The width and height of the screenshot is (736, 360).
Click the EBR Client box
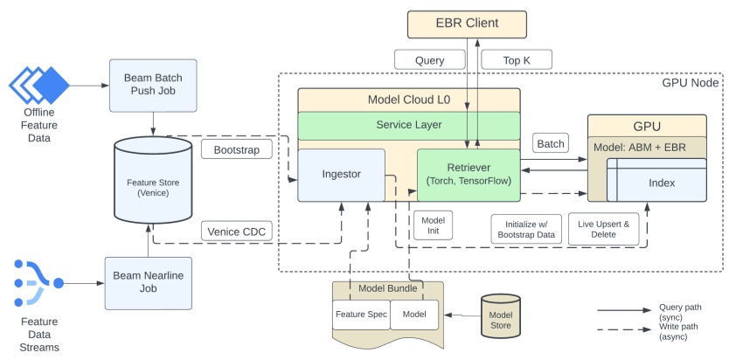click(x=469, y=24)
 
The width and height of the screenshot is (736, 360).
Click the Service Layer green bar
click(x=408, y=125)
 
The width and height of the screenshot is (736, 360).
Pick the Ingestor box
click(x=342, y=175)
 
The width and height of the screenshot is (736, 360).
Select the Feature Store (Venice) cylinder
click(x=154, y=182)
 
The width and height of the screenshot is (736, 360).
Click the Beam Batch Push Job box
click(x=153, y=86)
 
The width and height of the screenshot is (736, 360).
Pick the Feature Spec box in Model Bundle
click(x=360, y=314)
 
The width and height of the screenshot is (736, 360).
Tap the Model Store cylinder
click(x=501, y=314)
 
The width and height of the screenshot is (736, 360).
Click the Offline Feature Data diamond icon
click(x=39, y=85)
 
